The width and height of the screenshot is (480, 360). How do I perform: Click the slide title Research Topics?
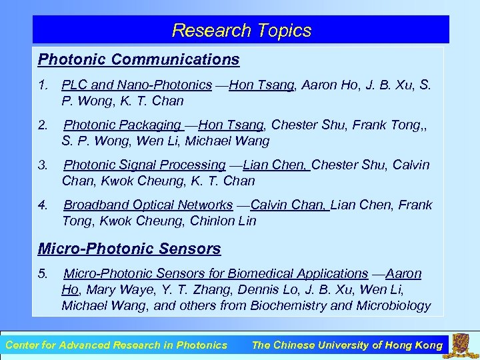241,31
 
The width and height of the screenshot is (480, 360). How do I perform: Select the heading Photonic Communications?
139,59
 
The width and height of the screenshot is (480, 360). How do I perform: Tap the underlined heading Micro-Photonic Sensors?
129,249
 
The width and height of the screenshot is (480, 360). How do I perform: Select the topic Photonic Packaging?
123,125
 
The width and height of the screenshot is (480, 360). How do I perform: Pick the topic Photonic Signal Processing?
145,165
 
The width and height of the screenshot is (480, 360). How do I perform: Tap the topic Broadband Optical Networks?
148,205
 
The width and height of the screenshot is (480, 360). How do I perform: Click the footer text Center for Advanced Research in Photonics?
116,345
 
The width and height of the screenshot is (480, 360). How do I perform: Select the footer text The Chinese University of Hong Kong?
347,345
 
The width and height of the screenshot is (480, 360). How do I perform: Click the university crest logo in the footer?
462,345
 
